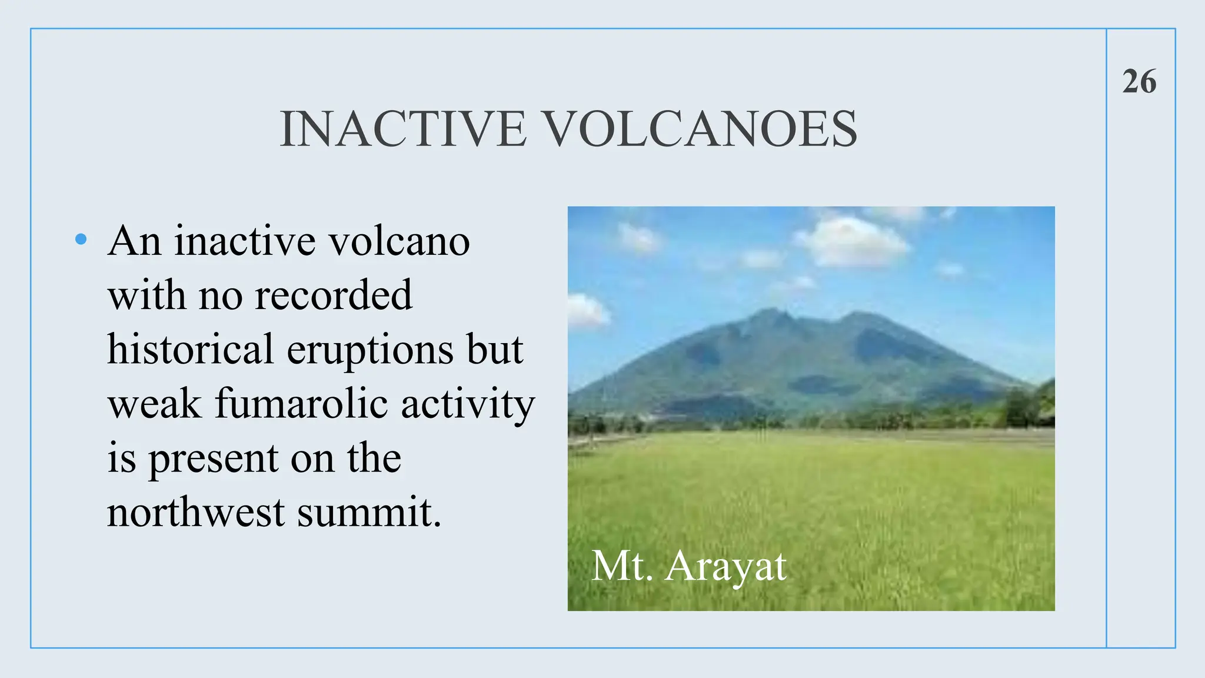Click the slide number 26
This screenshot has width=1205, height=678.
1139,81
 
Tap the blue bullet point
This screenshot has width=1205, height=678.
81,239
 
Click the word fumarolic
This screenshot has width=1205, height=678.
301,404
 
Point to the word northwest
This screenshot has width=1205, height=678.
196,512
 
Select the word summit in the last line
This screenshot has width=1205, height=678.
369,512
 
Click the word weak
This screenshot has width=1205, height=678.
155,404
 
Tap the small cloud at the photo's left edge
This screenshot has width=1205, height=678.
587,310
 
